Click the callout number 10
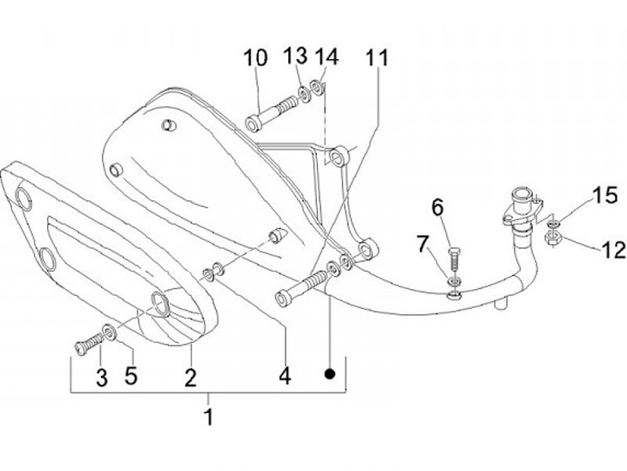[255, 59]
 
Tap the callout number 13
[296, 57]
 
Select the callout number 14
[326, 57]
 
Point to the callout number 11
[377, 58]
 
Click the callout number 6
[437, 207]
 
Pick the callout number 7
[423, 244]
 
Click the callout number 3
[102, 378]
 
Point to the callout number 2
[190, 378]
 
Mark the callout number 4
[284, 378]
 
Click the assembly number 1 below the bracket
[207, 416]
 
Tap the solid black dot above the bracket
[330, 374]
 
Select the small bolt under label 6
[452, 259]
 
